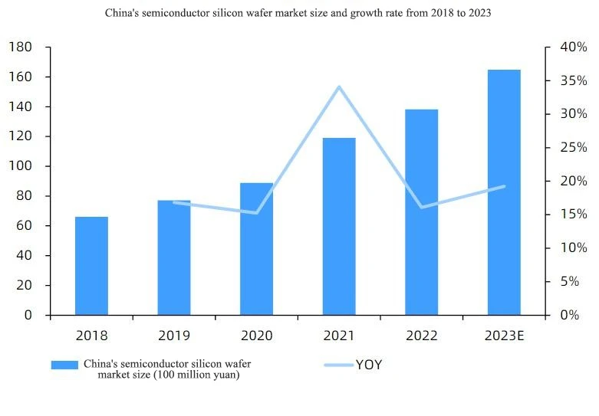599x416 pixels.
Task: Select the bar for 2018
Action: pyautogui.click(x=91, y=266)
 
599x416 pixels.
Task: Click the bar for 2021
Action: pyautogui.click(x=339, y=226)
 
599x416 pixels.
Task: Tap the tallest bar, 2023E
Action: pyautogui.click(x=504, y=192)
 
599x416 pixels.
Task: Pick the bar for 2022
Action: pyautogui.click(x=421, y=212)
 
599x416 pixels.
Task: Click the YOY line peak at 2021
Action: pyautogui.click(x=339, y=87)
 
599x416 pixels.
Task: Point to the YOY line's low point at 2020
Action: pyautogui.click(x=256, y=212)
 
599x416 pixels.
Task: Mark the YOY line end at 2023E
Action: pyautogui.click(x=504, y=186)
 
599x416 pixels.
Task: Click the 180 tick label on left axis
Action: pyautogui.click(x=20, y=47)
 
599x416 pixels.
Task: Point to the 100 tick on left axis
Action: pyautogui.click(x=20, y=166)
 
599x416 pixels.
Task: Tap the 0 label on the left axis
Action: pyautogui.click(x=28, y=315)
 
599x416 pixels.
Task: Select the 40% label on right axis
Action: pyautogui.click(x=574, y=47)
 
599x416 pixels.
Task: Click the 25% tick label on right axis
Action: pyautogui.click(x=574, y=147)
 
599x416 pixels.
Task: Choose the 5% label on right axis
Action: pyautogui.click(x=570, y=282)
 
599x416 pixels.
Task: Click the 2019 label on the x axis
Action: pyautogui.click(x=174, y=336)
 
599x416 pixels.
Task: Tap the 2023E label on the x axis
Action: pyautogui.click(x=504, y=336)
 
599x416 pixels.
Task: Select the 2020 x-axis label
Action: pyautogui.click(x=256, y=336)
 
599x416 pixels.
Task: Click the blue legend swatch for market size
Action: pyautogui.click(x=64, y=365)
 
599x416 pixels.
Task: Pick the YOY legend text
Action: pyautogui.click(x=369, y=365)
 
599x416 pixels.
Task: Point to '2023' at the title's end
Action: pyautogui.click(x=480, y=13)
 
